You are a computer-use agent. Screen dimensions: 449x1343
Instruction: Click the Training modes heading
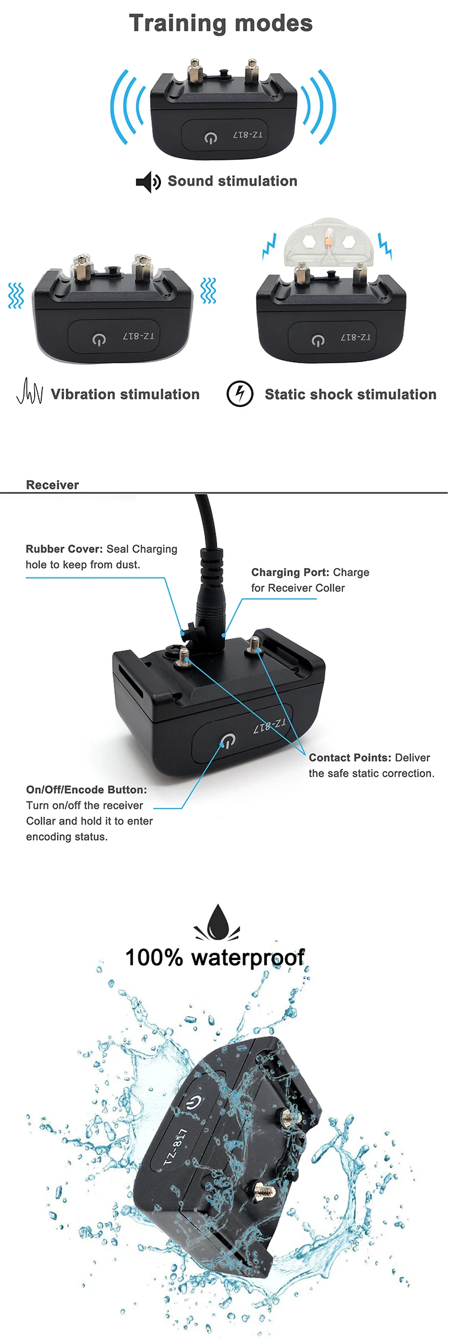tap(221, 23)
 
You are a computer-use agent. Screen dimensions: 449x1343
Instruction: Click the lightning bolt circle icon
tap(240, 394)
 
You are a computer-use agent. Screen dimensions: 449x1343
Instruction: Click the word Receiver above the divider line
tap(53, 485)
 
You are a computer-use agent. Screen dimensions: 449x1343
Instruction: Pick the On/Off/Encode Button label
tap(86, 789)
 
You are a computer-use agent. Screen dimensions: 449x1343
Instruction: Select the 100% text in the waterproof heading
tap(153, 958)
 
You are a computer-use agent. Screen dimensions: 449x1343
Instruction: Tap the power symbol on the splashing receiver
tap(193, 1102)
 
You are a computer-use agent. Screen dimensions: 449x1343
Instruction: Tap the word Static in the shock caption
tap(284, 394)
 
